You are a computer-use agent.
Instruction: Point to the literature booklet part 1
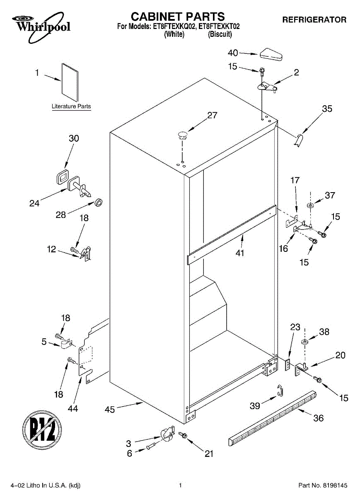[70, 82]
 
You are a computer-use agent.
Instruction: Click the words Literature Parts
[71, 106]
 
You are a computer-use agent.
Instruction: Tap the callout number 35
[327, 109]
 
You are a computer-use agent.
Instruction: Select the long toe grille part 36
[273, 418]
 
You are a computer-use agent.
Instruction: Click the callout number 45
[110, 409]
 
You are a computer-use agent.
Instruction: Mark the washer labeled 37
[310, 205]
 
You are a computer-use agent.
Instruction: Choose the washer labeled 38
[305, 342]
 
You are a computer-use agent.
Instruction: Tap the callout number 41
[239, 253]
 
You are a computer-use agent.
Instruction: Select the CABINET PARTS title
[178, 17]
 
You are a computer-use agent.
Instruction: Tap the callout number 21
[209, 454]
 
